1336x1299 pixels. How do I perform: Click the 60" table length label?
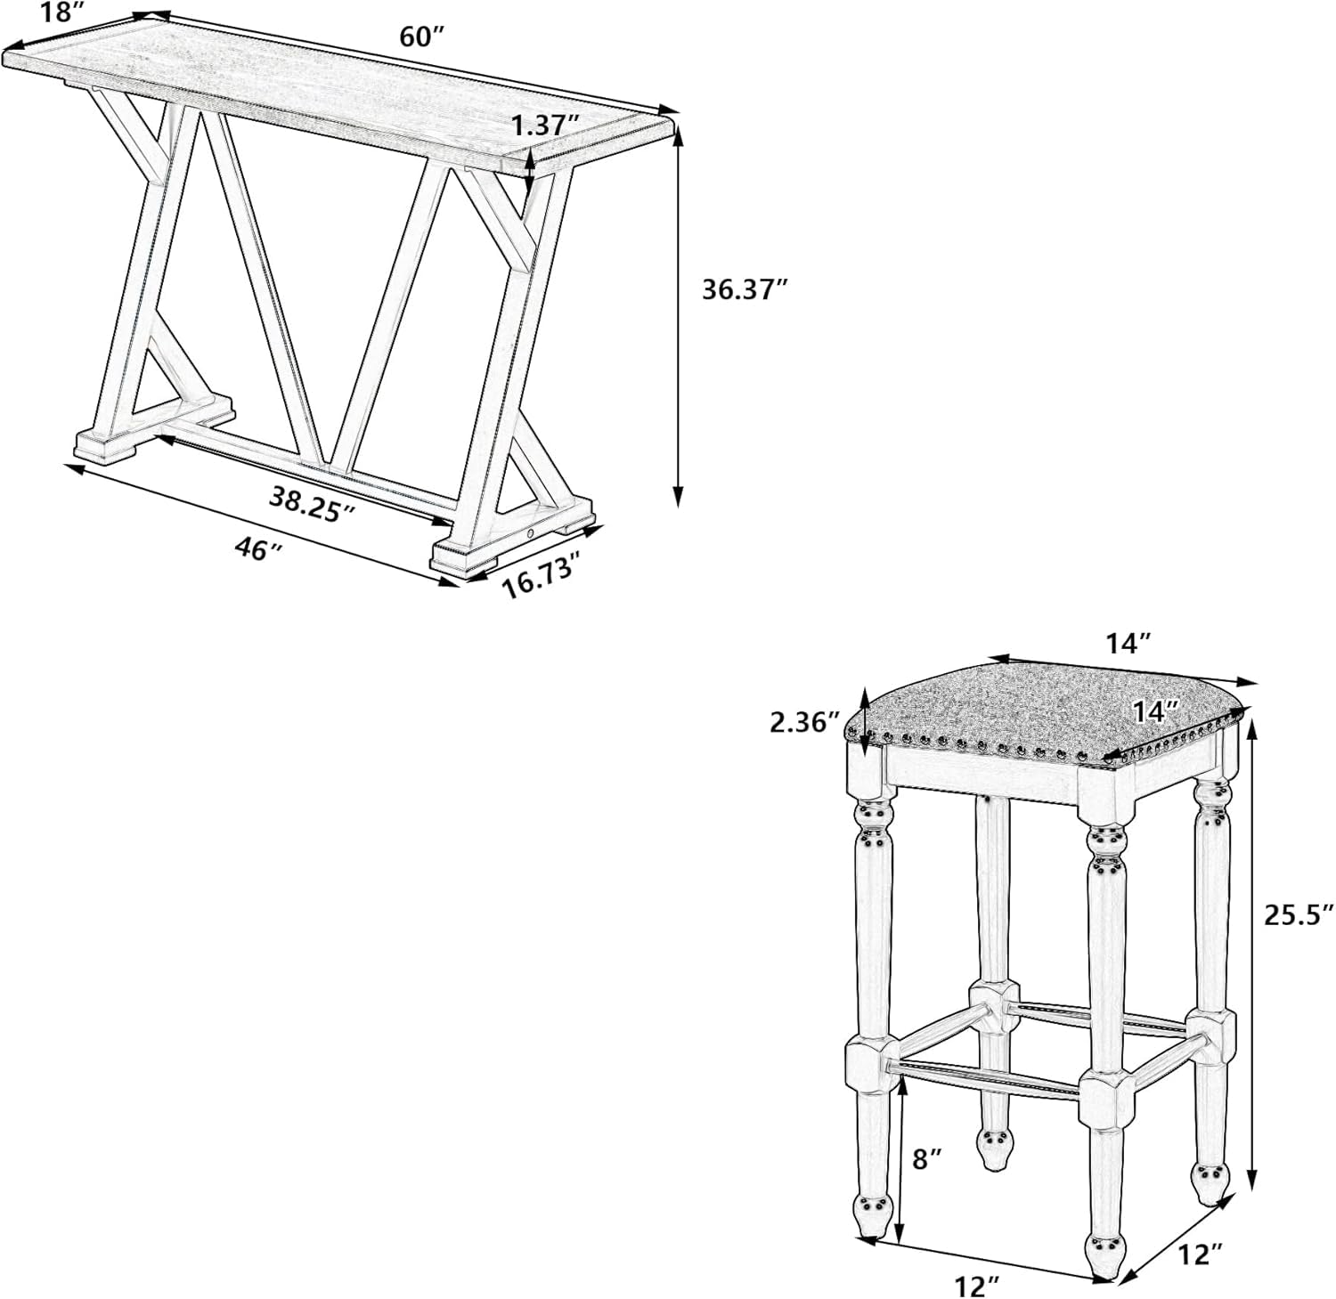[x=421, y=37]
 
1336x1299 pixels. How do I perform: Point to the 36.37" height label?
[x=745, y=289]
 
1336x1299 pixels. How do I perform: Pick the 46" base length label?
[x=258, y=548]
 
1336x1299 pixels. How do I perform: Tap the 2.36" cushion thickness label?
[x=805, y=721]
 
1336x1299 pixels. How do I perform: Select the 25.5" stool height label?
[x=1299, y=914]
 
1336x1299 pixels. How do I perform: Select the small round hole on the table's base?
[x=531, y=532]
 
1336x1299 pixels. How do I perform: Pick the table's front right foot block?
[x=463, y=556]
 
